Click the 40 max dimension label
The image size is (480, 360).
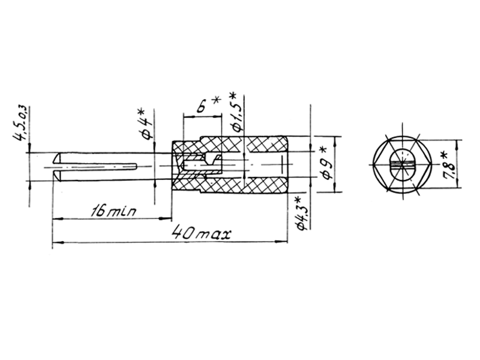click(x=201, y=233)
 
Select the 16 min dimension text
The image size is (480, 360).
click(x=113, y=211)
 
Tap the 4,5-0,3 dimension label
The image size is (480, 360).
click(x=20, y=124)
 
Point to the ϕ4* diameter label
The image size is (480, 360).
click(x=145, y=124)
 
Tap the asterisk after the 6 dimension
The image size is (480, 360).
click(x=216, y=100)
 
